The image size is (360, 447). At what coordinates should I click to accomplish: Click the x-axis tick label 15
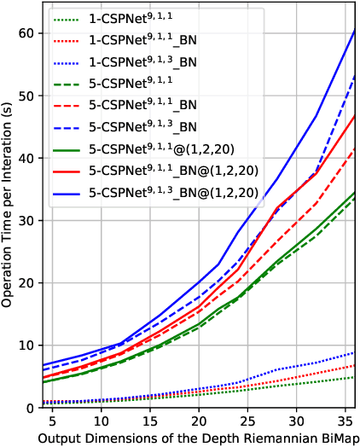(150, 421)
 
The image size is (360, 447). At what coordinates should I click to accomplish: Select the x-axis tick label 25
(247, 421)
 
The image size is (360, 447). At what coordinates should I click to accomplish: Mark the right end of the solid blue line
(355, 30)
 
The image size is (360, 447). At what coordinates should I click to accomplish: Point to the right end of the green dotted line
(355, 377)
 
